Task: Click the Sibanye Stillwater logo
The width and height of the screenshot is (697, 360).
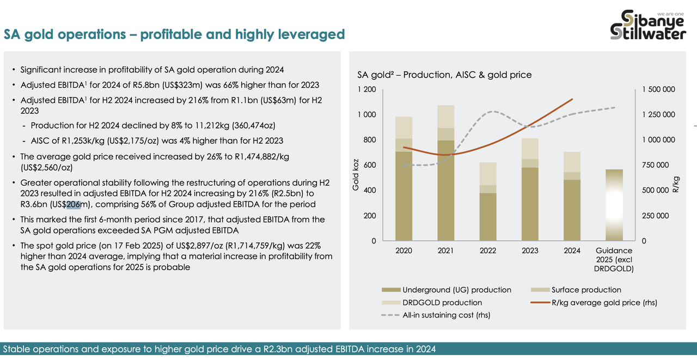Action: point(648,25)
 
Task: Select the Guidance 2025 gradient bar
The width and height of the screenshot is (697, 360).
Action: point(614,205)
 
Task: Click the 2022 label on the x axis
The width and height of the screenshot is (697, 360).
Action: point(487,251)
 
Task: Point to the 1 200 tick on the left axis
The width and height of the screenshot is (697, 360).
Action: point(366,89)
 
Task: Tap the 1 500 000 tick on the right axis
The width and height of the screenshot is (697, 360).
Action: point(658,89)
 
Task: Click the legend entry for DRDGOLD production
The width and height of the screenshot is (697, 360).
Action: point(432,302)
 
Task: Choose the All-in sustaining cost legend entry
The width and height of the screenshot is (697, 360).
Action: point(436,315)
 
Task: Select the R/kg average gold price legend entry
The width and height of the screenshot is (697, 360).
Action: point(594,302)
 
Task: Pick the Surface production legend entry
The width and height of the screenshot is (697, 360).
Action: point(576,290)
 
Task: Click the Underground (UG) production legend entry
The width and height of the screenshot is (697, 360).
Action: point(446,290)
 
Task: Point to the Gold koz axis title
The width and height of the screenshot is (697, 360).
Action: point(356,175)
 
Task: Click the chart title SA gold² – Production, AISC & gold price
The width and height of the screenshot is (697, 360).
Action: point(444,75)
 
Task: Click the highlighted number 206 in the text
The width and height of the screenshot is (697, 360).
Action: point(74,204)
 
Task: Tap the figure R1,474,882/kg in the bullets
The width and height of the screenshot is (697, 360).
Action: point(262,156)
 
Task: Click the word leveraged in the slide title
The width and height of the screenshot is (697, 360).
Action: point(311,34)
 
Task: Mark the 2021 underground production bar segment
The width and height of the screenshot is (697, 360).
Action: point(446,191)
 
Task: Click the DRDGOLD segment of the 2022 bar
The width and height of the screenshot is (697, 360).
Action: point(488,174)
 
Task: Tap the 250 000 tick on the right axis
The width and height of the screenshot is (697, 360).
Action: point(655,216)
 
